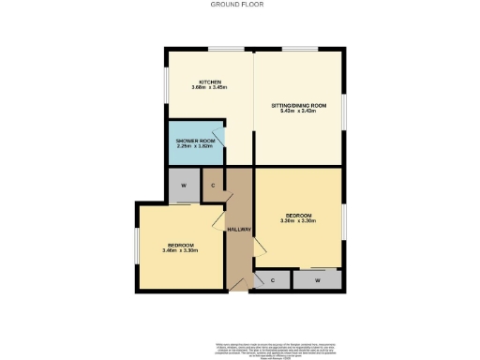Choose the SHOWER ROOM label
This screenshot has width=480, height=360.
(x=194, y=141)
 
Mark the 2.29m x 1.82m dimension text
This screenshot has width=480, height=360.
(x=194, y=147)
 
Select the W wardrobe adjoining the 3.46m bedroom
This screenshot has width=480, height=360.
(x=183, y=185)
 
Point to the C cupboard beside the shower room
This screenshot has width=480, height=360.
(x=213, y=184)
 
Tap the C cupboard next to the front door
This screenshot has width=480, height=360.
(x=272, y=279)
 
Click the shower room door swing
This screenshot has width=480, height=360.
(x=217, y=136)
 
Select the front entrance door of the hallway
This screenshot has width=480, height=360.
(x=236, y=284)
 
